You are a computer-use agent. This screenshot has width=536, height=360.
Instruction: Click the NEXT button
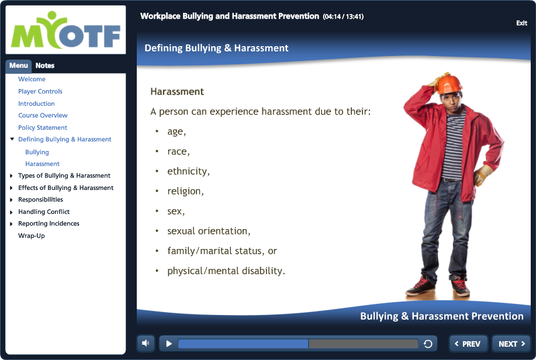pos(511,344)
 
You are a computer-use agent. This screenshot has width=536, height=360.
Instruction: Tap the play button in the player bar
pos(168,344)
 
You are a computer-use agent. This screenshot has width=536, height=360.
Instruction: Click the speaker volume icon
pos(146,343)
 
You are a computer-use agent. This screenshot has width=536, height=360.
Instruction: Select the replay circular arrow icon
pos(428,344)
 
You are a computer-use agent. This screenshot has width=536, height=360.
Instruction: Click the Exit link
pos(521,23)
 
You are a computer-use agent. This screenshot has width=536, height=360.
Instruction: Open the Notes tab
pos(45,65)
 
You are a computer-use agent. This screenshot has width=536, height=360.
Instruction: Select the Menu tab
pos(19,65)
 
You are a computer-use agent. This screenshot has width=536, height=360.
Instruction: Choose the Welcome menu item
pos(32,79)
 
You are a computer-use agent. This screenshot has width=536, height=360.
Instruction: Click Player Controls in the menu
pos(40,91)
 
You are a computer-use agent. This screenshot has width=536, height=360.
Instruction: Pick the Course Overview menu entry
pos(43,115)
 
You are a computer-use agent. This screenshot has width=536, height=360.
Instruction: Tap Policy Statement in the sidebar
pos(43,127)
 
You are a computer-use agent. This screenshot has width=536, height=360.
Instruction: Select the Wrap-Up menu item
pos(32,236)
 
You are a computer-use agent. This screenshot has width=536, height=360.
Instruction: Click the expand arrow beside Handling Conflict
pos(11,212)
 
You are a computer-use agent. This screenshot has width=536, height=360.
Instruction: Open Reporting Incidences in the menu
pos(49,224)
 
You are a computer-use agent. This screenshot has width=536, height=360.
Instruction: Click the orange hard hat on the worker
pos(449,84)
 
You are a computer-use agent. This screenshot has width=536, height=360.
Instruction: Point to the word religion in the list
pos(185,191)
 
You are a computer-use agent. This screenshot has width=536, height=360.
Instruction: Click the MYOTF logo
pos(65,30)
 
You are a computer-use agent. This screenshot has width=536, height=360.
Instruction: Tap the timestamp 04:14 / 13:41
pos(343,16)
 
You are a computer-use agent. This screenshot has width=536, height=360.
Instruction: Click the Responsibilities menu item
pos(40,200)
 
